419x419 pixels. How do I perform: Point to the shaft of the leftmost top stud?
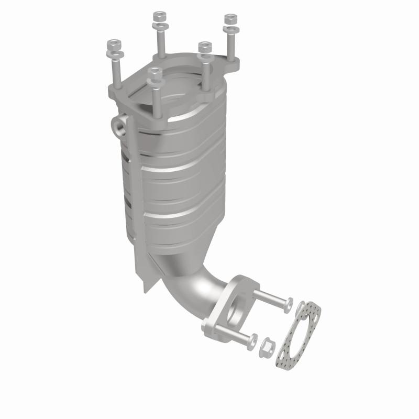(116, 73)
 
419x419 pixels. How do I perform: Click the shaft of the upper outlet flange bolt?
(270, 298)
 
